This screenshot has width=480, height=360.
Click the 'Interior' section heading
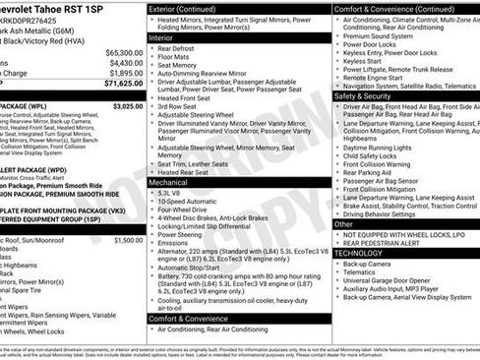[167, 36]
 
